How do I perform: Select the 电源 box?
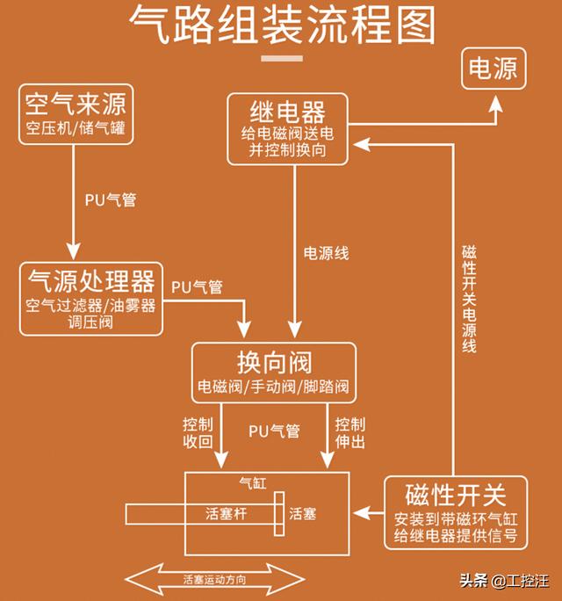(493, 68)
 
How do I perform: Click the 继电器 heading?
(289, 112)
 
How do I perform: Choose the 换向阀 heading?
(274, 362)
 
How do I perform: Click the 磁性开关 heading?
(456, 493)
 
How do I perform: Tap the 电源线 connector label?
(326, 253)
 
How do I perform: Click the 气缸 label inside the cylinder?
(253, 483)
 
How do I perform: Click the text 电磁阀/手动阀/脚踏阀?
(274, 386)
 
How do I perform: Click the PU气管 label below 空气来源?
(111, 199)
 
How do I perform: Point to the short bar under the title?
(281, 60)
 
